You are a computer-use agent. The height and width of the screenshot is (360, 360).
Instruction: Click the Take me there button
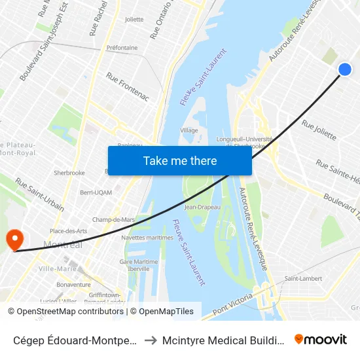pyautogui.click(x=179, y=161)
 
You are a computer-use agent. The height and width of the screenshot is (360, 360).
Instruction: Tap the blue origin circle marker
pyautogui.click(x=345, y=69)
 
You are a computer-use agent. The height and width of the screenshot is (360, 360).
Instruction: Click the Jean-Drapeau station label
pyautogui.click(x=202, y=207)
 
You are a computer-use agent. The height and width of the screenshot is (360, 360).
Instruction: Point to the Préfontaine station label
pyautogui.click(x=122, y=48)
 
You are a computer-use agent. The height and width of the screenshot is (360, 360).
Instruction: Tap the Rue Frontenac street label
pyautogui.click(x=128, y=87)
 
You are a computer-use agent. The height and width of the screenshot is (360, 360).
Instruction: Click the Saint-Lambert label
pyautogui.click(x=302, y=279)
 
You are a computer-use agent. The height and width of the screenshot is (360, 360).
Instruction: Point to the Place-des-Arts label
pyautogui.click(x=69, y=231)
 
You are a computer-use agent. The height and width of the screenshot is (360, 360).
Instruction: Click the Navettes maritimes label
pyautogui.click(x=147, y=238)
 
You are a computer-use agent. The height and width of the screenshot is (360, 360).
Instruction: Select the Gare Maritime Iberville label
pyautogui.click(x=139, y=265)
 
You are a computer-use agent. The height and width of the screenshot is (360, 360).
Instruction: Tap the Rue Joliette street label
pyautogui.click(x=319, y=130)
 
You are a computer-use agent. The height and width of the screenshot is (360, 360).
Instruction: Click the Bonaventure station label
pyautogui.click(x=73, y=285)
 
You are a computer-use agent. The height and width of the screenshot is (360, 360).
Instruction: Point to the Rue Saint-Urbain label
pyautogui.click(x=39, y=194)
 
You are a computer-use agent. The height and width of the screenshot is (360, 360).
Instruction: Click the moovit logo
pyautogui.click(x=321, y=339)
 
